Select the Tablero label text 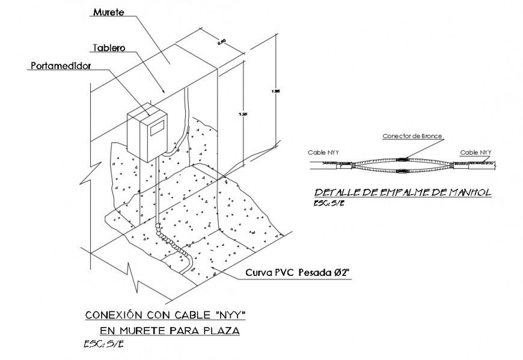pos(109,47)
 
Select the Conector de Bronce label pos(412,136)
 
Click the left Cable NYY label pos(323,153)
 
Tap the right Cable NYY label pos(476,153)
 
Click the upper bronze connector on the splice pos(402,159)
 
